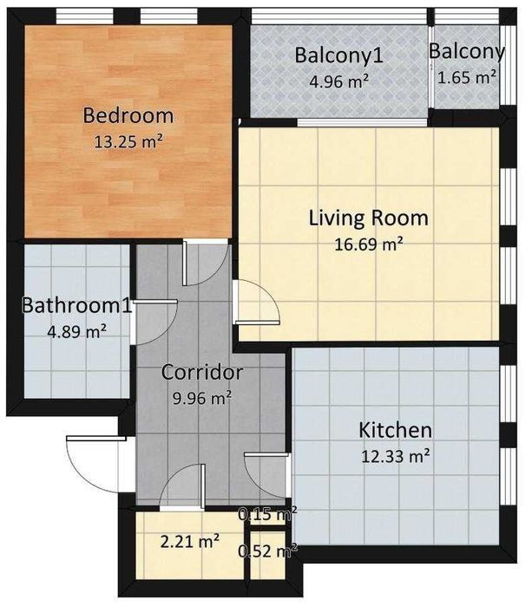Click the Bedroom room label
tap(128, 116)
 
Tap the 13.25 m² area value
tap(128, 142)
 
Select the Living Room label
tap(368, 218)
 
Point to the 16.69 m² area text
tap(368, 244)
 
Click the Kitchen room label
tap(396, 430)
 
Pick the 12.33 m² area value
tap(396, 456)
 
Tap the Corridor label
tap(202, 372)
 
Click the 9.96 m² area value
tap(202, 398)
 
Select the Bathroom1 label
tap(76, 305)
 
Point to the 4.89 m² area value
tap(76, 331)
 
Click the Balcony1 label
tap(339, 55)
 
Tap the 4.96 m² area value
tap(339, 81)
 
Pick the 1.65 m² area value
tap(467, 77)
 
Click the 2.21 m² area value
tap(190, 541)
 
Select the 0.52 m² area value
tap(268, 551)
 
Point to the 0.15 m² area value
tap(268, 514)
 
